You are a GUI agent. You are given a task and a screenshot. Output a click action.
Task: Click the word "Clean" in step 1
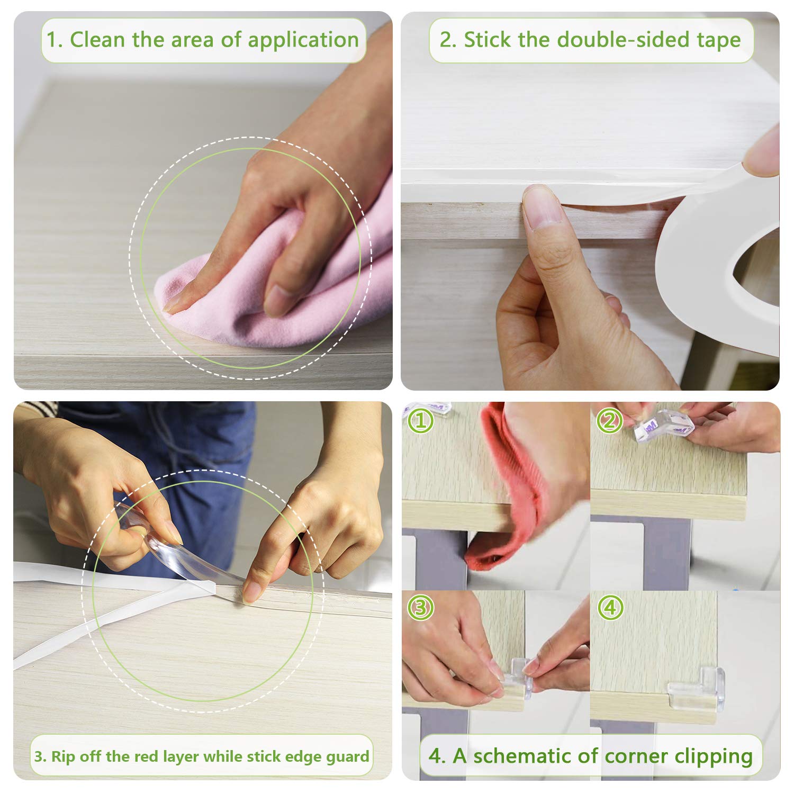97,40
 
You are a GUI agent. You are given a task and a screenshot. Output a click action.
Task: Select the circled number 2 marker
609,421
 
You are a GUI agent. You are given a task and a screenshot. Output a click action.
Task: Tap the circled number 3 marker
420,608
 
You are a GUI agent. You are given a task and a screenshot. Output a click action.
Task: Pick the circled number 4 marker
610,608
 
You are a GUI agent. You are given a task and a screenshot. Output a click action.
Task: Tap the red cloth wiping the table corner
508,492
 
